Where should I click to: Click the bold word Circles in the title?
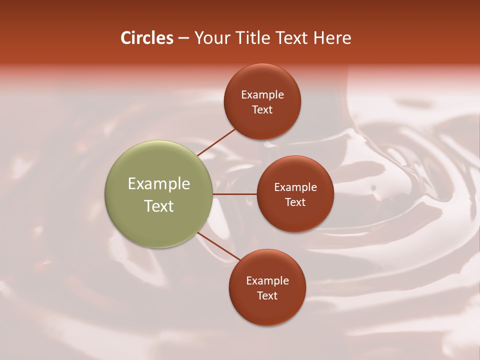click(147, 38)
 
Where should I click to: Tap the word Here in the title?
click(332, 38)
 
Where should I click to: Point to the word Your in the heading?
click(210, 38)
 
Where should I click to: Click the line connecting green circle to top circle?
click(216, 142)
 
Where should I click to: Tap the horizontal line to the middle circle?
click(235, 194)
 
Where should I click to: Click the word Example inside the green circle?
click(159, 184)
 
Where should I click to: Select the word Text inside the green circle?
click(159, 206)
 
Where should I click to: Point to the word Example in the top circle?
click(262, 95)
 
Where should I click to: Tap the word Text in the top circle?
click(262, 110)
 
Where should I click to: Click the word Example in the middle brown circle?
click(295, 187)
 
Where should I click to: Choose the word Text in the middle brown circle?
click(295, 202)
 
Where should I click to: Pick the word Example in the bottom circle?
click(267, 281)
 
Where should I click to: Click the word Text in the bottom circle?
click(267, 296)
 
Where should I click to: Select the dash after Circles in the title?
click(183, 38)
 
